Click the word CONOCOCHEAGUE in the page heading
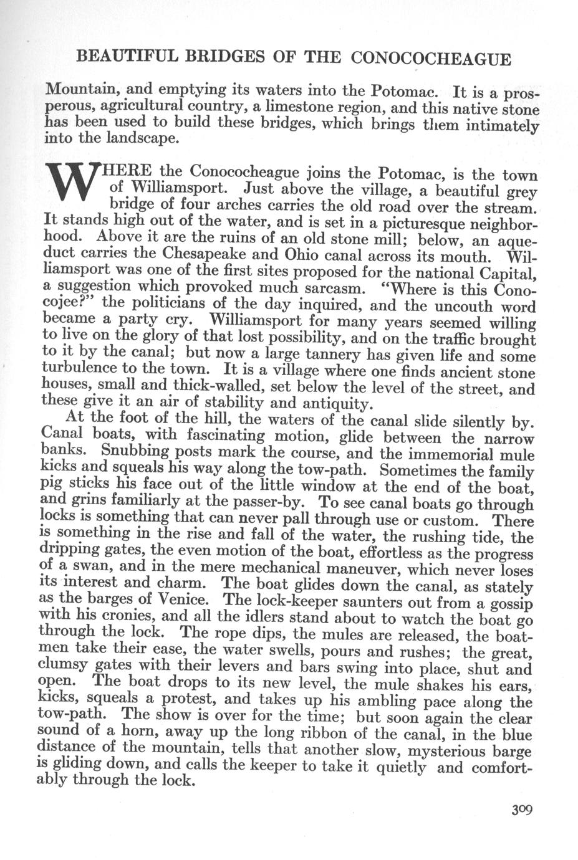pyautogui.click(x=432, y=60)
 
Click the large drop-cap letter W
pyautogui.click(x=74, y=183)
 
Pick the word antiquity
pyautogui.click(x=337, y=403)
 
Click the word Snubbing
pyautogui.click(x=133, y=450)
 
